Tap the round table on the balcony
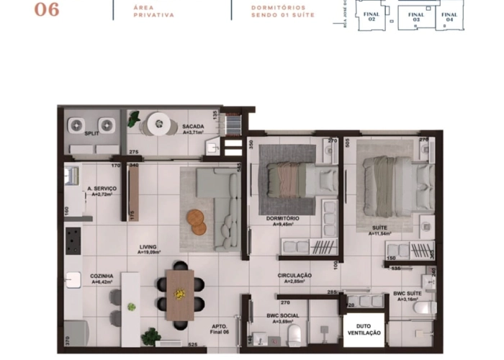[x=158, y=124]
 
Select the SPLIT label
[x=91, y=134]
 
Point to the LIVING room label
[x=149, y=249]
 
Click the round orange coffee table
[x=197, y=221]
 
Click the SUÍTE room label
[x=380, y=230]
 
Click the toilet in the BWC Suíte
[x=424, y=308]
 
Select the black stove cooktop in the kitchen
[x=73, y=240]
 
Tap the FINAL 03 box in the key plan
[x=416, y=17]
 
